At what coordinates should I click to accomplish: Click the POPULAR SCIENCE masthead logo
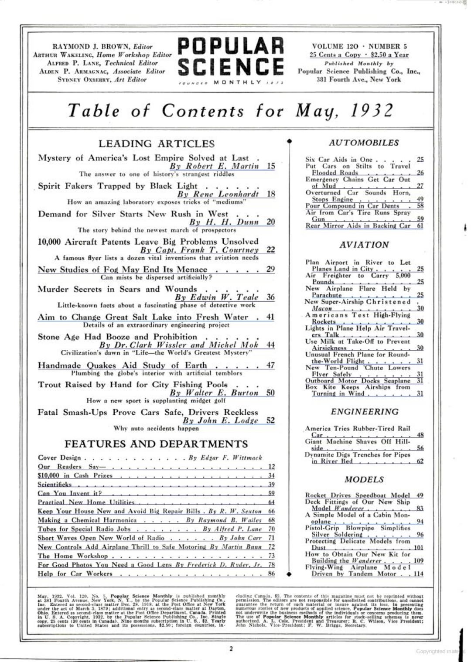pos(231,56)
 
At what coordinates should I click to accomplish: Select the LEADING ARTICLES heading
pos(156,143)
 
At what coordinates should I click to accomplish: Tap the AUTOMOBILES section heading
pos(364,143)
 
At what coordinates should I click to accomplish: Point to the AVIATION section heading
pos(364,245)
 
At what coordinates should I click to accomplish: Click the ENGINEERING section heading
pos(364,411)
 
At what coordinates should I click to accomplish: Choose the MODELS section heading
pos(364,479)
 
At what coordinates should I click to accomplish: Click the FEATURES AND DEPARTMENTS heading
pos(156,444)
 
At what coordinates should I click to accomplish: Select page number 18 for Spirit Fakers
pos(271,194)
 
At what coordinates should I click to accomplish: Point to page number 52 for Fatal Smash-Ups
pos(271,420)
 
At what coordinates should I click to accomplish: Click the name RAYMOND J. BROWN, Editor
pos(102,47)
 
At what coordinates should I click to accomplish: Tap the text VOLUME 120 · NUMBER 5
pos(359,46)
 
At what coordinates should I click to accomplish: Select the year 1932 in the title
pos(372,110)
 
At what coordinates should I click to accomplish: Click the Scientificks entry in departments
pos(55,485)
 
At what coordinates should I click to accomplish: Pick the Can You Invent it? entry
pos(70,493)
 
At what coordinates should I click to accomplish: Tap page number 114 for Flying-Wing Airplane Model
pos(418,574)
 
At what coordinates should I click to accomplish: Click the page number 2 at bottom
pos(231,648)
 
